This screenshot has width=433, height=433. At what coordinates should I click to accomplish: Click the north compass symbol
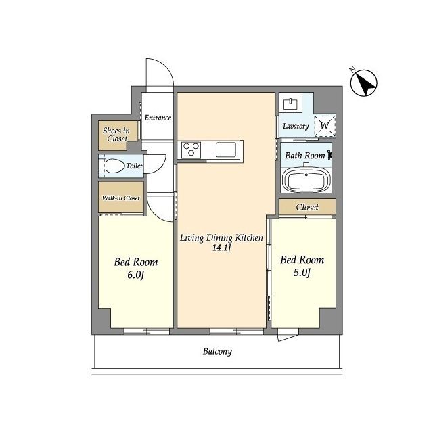363,83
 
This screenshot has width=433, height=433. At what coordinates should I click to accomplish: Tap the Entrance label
158,118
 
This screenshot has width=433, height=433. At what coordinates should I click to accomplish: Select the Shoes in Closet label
116,135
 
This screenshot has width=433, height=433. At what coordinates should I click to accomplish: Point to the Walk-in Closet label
121,198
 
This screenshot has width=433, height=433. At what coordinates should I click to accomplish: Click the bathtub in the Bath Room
306,179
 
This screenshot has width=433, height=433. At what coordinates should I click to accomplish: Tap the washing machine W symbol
325,126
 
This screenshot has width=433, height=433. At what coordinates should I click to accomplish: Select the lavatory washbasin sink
290,104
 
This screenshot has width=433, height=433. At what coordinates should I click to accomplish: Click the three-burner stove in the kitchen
191,150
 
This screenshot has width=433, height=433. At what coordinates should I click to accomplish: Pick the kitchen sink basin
226,150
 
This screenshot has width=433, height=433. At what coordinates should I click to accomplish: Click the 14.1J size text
221,248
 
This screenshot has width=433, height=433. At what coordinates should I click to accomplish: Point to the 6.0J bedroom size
136,275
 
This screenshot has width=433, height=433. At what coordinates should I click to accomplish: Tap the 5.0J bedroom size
302,273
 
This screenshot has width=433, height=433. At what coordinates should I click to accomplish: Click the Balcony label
217,352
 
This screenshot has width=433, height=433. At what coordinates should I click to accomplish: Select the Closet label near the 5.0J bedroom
307,207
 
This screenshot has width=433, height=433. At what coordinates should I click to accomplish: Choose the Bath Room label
305,156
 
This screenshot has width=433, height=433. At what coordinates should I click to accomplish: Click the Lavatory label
296,127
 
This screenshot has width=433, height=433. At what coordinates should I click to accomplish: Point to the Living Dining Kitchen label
221,237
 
